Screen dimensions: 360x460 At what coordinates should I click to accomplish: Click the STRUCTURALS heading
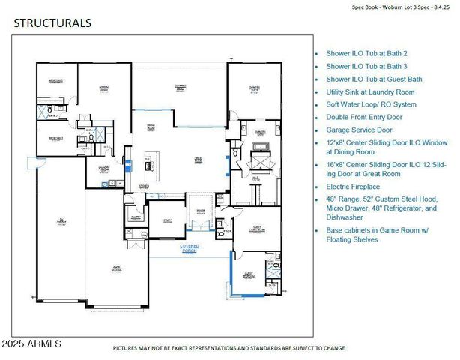click(52, 22)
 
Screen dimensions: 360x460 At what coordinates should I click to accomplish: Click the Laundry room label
click(103, 169)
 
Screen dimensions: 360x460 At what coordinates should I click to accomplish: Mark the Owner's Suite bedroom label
click(255, 88)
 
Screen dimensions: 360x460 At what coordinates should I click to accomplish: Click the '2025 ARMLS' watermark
click(31, 343)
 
